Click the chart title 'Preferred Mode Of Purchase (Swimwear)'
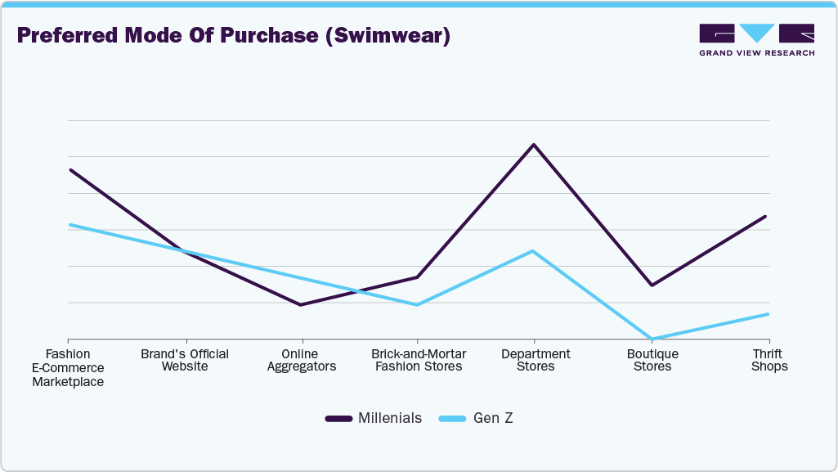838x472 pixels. pos(233,37)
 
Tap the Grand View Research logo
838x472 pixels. pos(756,40)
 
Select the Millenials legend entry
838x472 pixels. pos(374,418)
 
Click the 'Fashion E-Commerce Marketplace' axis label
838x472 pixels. pos(68,367)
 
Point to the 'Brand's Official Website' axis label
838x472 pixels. pos(185,360)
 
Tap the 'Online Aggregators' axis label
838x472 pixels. pos(302,360)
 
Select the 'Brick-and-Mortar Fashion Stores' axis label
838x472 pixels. pos(419,360)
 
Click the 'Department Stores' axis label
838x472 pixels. pos(536,360)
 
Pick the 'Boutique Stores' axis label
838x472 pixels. pos(652,360)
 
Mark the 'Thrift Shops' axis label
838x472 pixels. pos(769,360)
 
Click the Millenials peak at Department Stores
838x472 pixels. pos(534,145)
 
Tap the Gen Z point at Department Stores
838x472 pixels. pos(534,251)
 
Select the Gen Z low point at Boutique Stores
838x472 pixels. pos(652,339)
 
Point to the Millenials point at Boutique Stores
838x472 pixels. pos(652,285)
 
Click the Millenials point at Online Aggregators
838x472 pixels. pos(301,305)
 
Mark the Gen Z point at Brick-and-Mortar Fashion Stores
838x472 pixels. pos(417,305)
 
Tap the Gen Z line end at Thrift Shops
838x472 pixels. pos(768,314)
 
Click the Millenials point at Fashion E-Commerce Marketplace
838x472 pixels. pos(69,170)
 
